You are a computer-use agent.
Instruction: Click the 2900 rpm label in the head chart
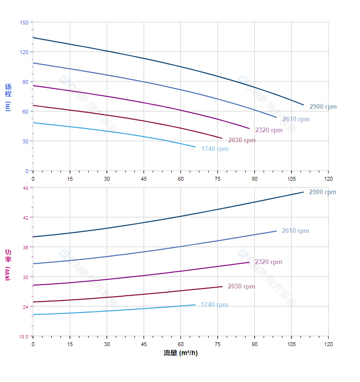click(323, 107)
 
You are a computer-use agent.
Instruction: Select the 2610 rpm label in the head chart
click(295, 119)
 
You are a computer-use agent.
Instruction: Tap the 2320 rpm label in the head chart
click(269, 130)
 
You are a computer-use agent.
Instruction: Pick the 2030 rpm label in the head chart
click(242, 140)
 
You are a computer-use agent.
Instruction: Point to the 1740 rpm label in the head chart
click(214, 149)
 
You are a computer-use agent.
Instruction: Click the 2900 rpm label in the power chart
click(323, 192)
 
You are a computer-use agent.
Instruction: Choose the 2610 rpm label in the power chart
click(295, 231)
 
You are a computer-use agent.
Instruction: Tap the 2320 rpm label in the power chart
click(269, 262)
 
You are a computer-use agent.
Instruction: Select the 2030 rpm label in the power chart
click(241, 287)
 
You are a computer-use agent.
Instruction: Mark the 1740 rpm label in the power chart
click(214, 305)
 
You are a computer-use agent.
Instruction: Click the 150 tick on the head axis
click(24, 23)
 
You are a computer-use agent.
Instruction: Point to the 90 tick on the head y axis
click(25, 82)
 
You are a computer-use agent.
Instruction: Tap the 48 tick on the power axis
click(25, 188)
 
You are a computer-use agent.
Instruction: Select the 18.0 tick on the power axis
click(24, 336)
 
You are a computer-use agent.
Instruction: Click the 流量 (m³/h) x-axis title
click(180, 353)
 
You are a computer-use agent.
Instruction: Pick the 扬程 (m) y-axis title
click(8, 97)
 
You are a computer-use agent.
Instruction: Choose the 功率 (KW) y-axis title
click(8, 265)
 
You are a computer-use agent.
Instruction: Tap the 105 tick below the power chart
click(291, 345)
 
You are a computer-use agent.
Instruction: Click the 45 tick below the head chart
click(144, 179)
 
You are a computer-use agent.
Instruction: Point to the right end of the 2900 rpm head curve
click(304, 104)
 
